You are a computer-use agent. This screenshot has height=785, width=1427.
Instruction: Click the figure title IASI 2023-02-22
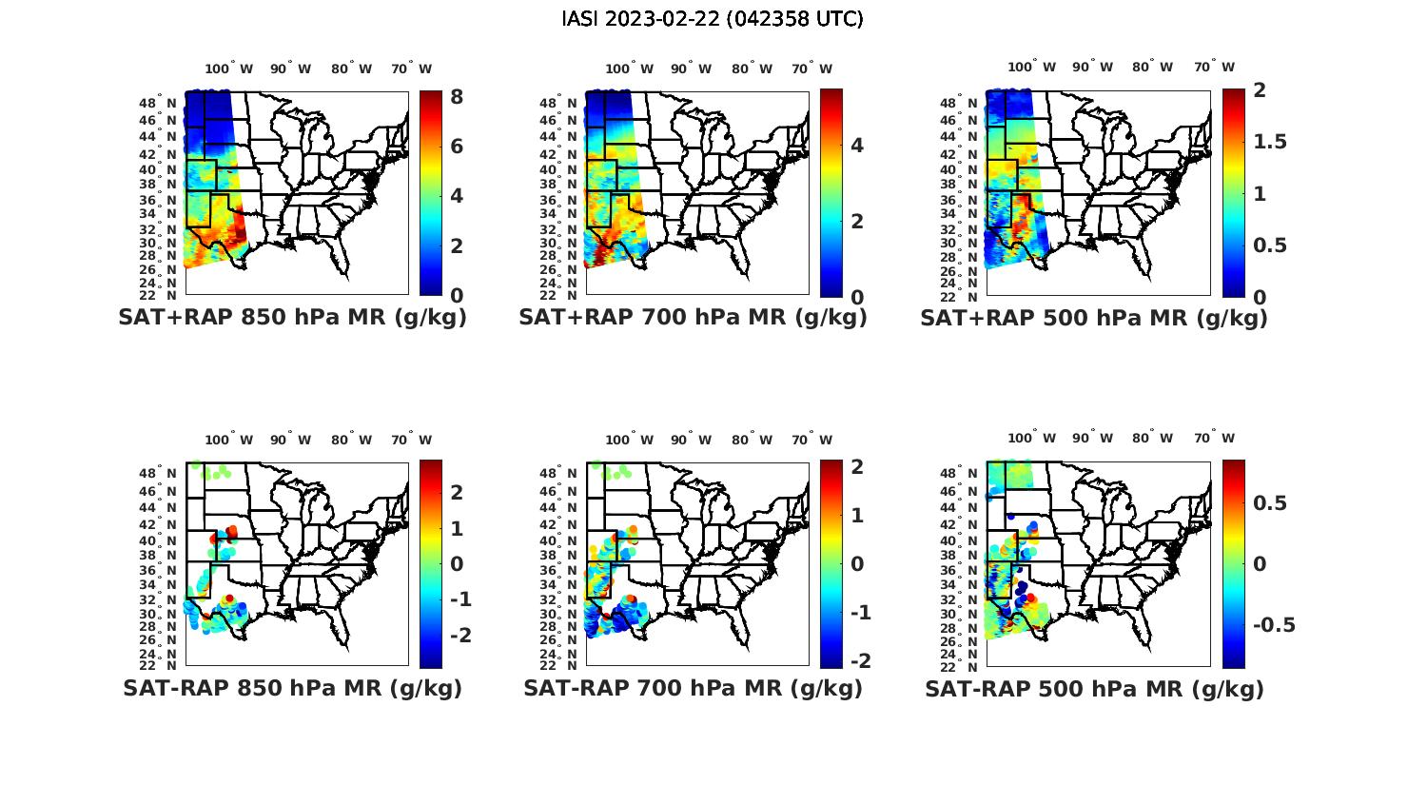(713, 19)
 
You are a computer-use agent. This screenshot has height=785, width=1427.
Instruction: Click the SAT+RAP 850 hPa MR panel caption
(292, 318)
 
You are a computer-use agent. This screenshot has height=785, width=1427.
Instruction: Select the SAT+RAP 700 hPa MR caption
(693, 318)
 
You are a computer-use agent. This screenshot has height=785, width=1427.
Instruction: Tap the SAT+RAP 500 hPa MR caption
(1094, 318)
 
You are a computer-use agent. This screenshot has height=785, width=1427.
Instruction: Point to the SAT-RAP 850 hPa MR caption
(292, 688)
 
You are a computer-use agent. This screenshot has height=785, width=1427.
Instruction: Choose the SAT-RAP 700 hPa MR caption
(693, 688)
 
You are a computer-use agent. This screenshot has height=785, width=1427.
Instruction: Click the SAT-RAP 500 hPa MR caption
(1094, 689)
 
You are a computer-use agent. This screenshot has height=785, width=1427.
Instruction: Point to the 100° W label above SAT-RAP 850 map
(228, 440)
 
